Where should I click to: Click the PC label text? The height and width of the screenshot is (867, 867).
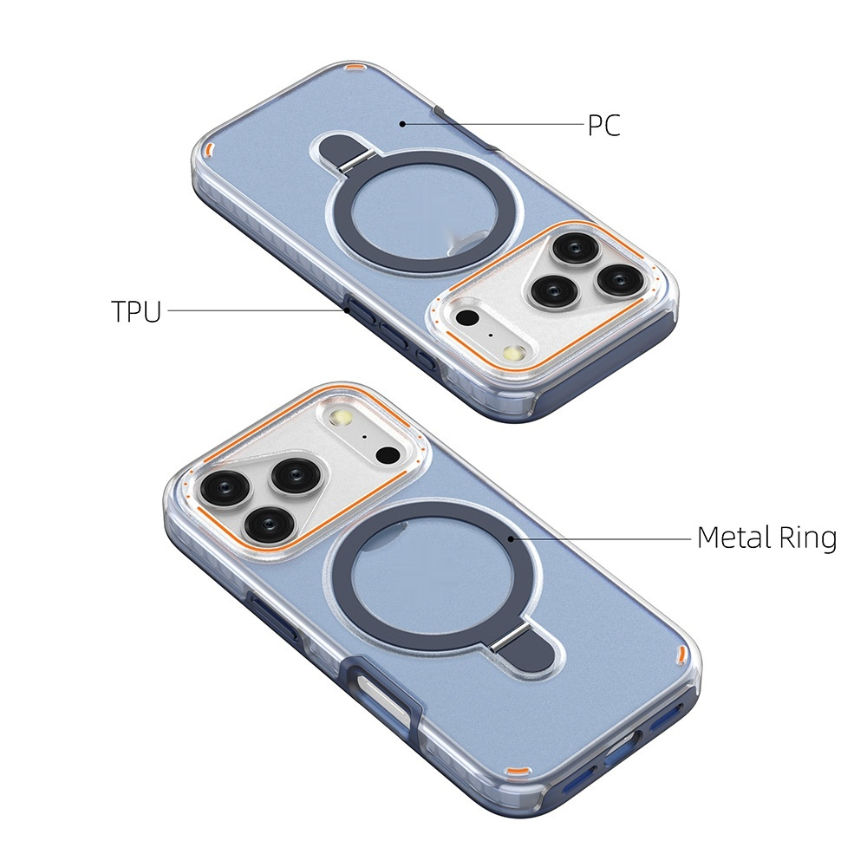[x=603, y=126]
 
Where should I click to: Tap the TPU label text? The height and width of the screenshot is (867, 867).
[x=136, y=311]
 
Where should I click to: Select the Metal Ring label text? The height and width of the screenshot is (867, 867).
[x=767, y=538]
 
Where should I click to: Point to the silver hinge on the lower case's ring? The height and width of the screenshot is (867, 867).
[x=505, y=642]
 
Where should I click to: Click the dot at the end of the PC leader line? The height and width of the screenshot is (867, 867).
[x=403, y=124]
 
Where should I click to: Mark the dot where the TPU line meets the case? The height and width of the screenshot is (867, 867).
[x=347, y=310]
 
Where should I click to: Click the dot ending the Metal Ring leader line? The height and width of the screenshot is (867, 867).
[x=512, y=538]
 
